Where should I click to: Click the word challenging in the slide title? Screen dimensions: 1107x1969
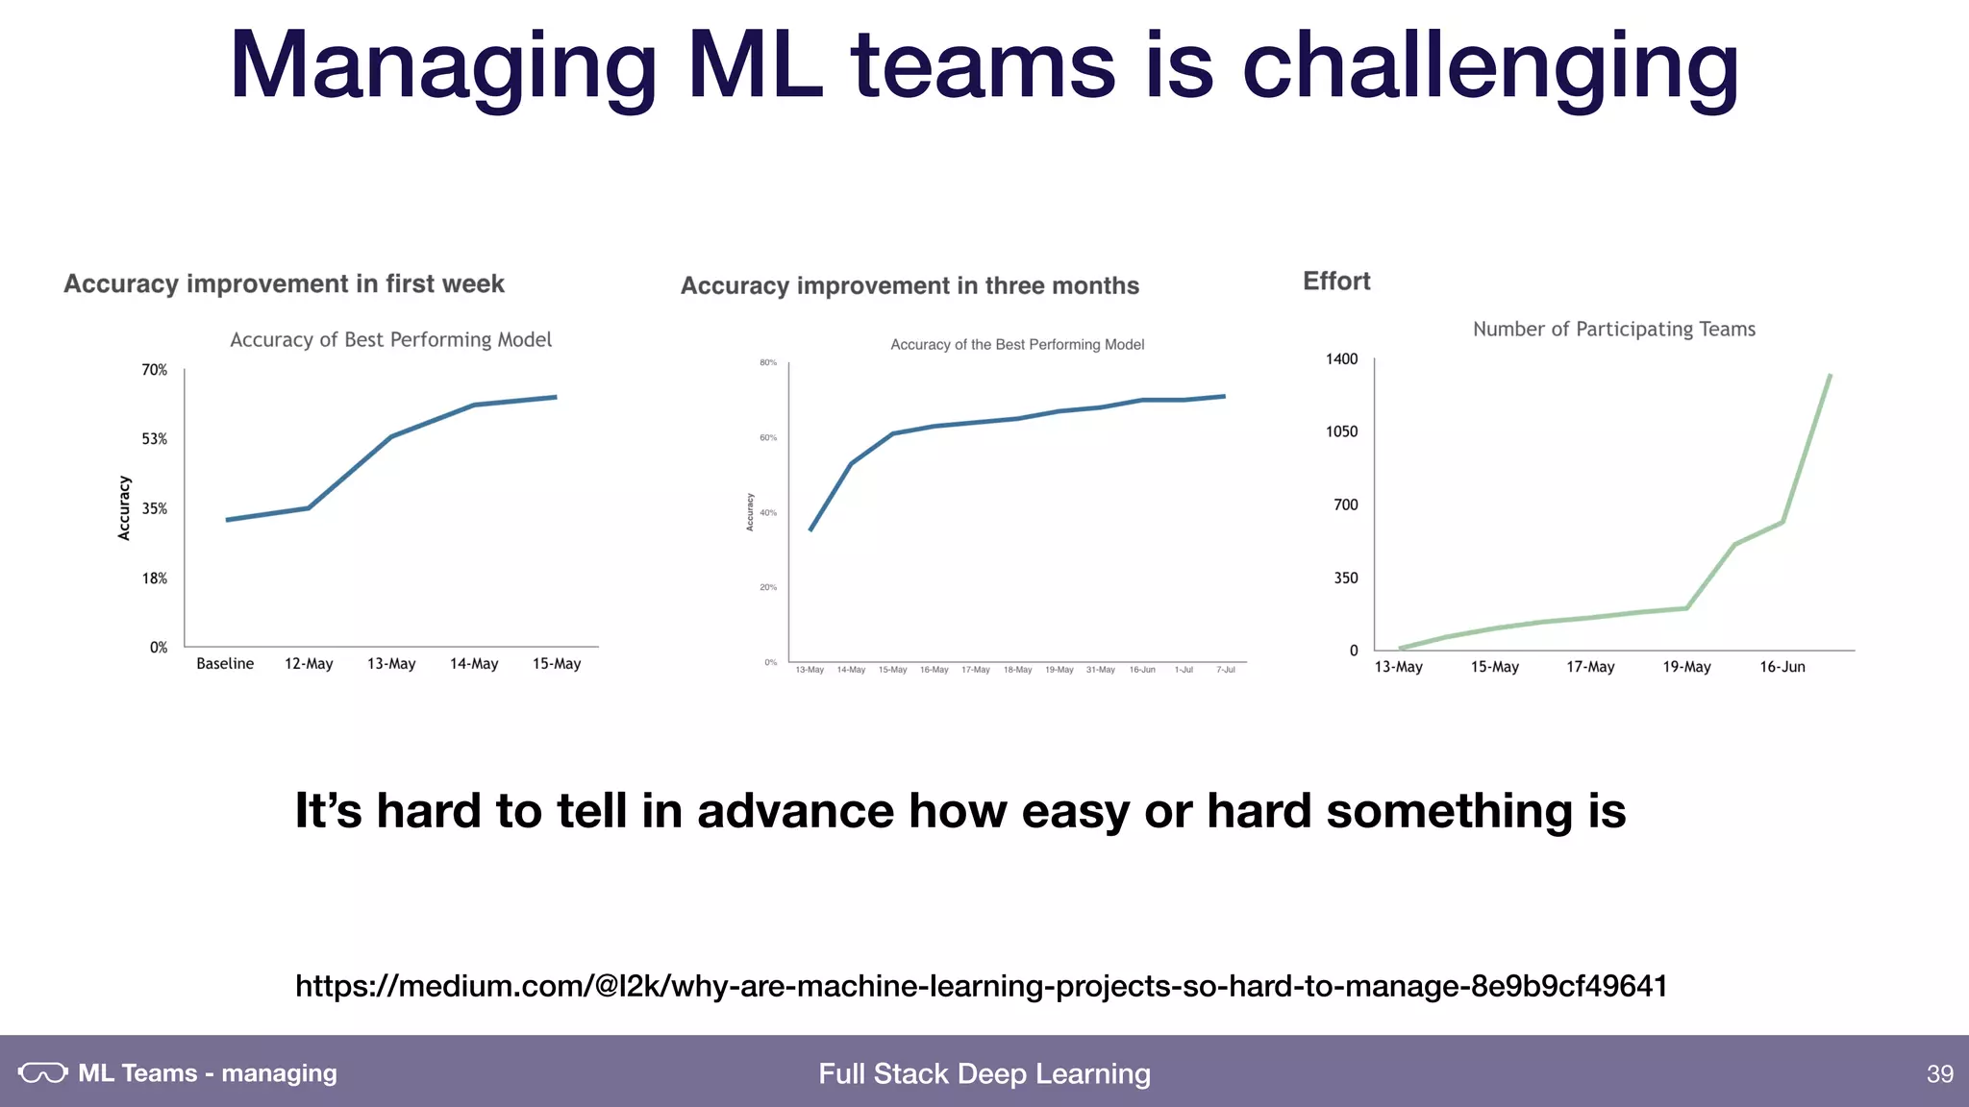pos(1490,67)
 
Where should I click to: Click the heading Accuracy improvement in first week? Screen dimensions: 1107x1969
pos(284,284)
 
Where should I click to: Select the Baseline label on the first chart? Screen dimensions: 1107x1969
pos(225,664)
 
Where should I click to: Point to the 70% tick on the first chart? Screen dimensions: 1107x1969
pos(155,370)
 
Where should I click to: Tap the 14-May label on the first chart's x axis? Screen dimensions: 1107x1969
pos(474,664)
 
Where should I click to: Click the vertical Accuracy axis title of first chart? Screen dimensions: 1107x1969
pos(124,507)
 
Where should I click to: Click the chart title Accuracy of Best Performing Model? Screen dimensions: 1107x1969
pos(390,340)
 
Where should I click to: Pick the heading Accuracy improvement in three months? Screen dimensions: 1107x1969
pos(910,286)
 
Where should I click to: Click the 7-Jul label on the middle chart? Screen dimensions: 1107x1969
pos(1226,670)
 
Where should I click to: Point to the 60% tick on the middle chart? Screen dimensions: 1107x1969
pos(768,438)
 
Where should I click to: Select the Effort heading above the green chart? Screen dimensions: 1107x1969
pos(1336,282)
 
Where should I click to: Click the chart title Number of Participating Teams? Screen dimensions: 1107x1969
pos(1614,330)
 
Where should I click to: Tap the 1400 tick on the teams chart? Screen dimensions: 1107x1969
pos(1342,359)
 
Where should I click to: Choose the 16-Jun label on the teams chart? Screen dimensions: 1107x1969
pos(1782,667)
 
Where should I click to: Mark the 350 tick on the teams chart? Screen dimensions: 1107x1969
pos(1346,578)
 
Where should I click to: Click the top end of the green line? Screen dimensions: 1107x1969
pos(1830,376)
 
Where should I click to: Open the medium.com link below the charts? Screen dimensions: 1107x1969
pos(981,986)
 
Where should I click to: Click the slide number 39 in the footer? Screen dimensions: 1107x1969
pos(1939,1074)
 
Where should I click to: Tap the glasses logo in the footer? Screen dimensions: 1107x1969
pos(42,1073)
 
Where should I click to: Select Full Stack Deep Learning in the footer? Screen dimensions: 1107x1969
pos(984,1074)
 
